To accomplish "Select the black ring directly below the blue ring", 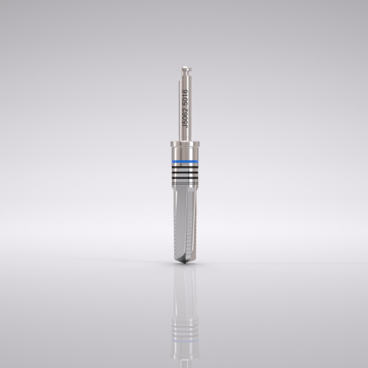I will (x=184, y=169).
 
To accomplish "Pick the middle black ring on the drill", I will (x=184, y=175).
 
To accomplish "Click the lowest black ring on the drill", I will (x=184, y=181).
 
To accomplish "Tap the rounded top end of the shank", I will (x=185, y=68).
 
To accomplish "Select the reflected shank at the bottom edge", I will (x=185, y=360).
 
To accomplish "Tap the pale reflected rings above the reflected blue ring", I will (x=185, y=323).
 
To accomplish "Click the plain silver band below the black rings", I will (x=184, y=188).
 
